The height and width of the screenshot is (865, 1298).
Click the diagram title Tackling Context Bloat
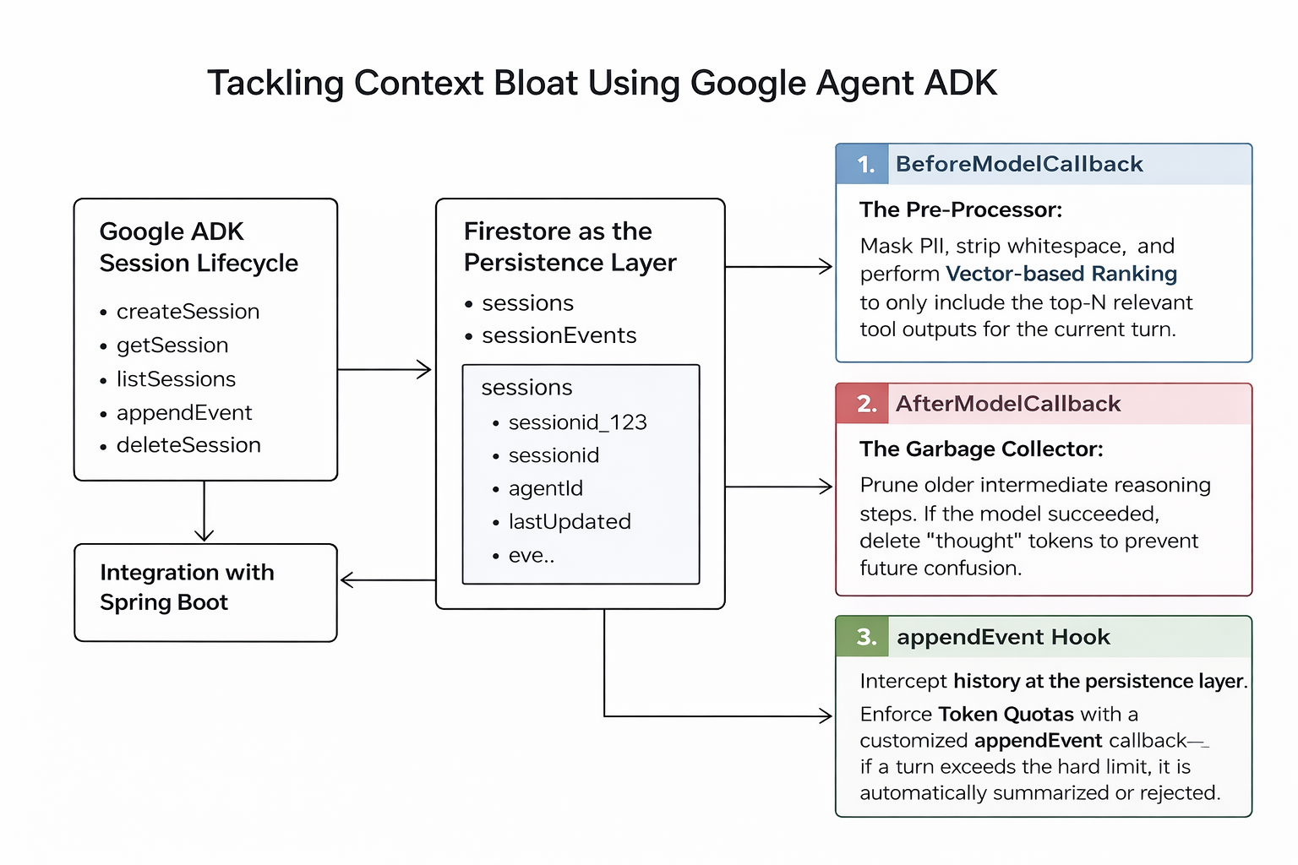point(602,83)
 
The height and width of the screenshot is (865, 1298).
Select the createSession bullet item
point(188,312)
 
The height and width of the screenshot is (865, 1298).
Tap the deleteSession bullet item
point(188,445)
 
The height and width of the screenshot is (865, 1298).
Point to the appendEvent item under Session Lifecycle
point(184,413)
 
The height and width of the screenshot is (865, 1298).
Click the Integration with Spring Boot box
point(205,592)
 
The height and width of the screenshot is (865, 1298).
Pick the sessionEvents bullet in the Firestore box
point(559,335)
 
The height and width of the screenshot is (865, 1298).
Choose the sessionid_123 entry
point(577,422)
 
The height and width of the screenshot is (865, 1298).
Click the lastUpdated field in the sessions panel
point(570,522)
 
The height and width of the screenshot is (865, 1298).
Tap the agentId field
point(545,488)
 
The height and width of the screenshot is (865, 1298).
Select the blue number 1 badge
point(863,165)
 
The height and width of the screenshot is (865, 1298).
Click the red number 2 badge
point(863,404)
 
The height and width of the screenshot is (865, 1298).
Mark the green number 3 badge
point(863,637)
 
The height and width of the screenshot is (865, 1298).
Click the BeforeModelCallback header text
point(1018,164)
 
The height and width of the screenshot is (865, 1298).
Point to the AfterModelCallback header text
point(1007,404)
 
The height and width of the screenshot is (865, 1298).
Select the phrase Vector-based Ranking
point(1061,274)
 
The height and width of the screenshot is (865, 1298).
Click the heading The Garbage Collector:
point(981,449)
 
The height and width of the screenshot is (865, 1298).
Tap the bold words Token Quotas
point(1006,714)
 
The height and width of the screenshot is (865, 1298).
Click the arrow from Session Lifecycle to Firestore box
point(384,369)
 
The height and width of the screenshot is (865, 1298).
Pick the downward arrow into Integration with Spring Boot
point(205,511)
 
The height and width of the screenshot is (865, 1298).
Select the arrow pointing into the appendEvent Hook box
point(718,716)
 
